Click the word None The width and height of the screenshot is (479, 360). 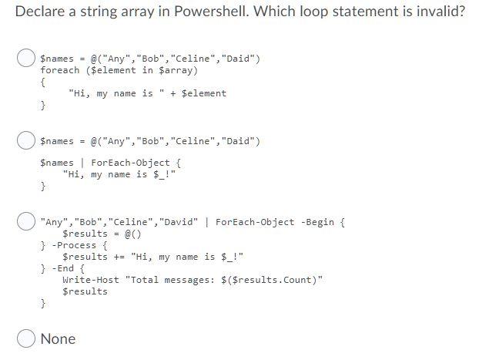pyautogui.click(x=58, y=338)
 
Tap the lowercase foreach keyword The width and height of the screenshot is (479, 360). pyautogui.click(x=60, y=70)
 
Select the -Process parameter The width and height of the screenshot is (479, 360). pyautogui.click(x=74, y=245)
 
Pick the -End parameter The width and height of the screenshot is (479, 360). pyautogui.click(x=65, y=268)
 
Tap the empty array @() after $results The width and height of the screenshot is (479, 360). pyautogui.click(x=132, y=234)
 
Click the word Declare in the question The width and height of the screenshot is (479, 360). pyautogui.click(x=40, y=13)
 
